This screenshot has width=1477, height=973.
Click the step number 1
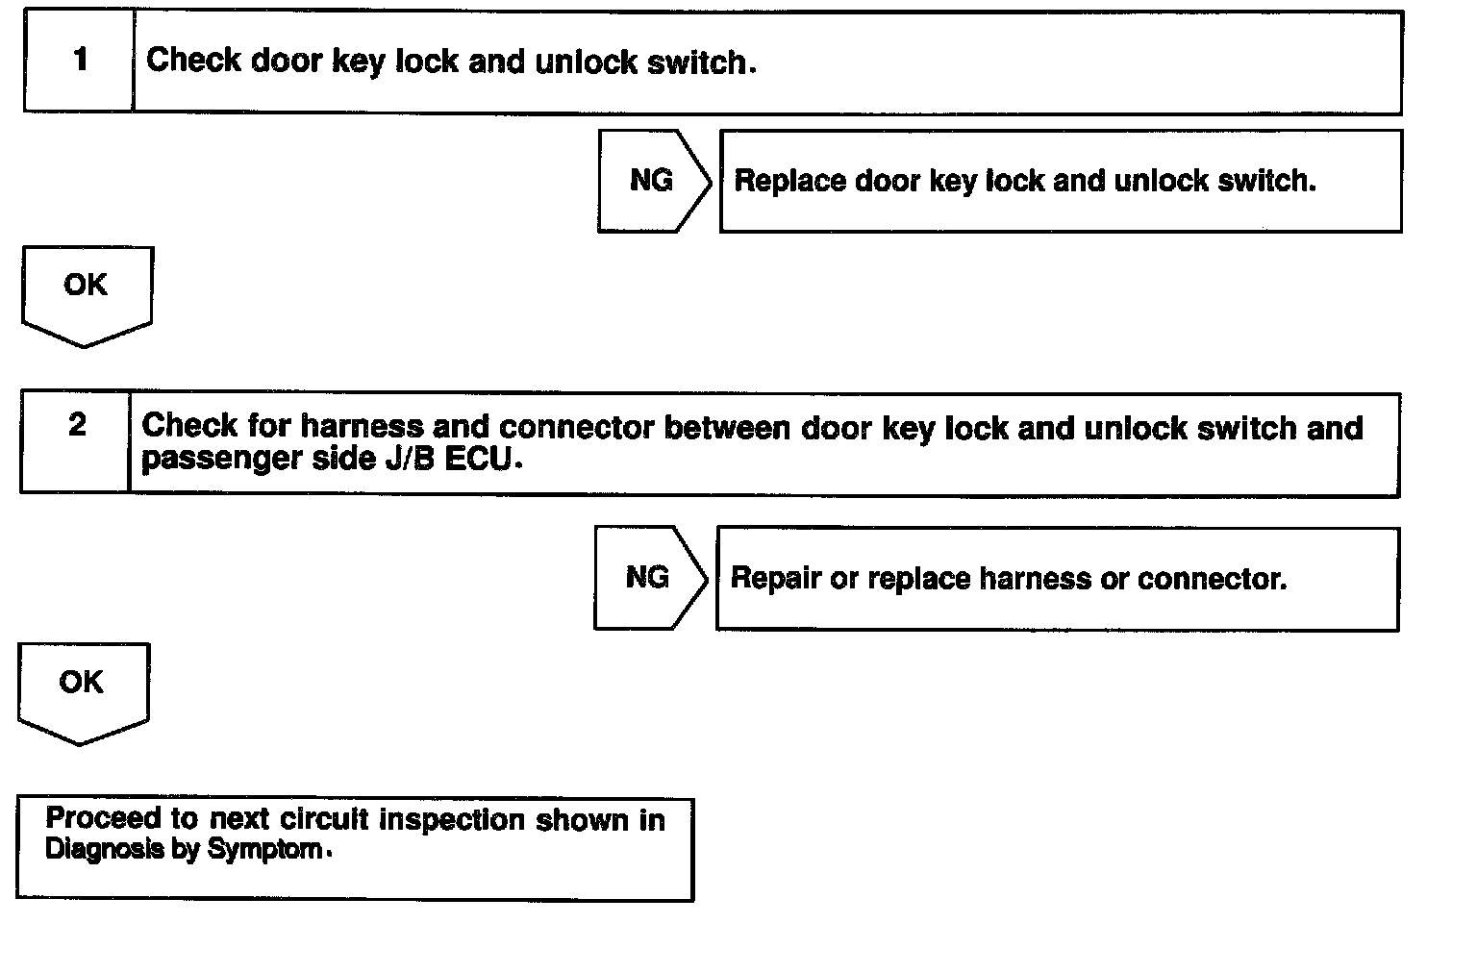(x=81, y=59)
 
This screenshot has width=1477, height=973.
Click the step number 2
(x=77, y=424)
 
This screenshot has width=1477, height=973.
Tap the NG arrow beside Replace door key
(x=655, y=181)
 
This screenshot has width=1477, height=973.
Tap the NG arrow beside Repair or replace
(x=651, y=578)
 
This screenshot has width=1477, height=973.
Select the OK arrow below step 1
(x=88, y=296)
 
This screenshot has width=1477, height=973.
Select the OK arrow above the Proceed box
(x=84, y=693)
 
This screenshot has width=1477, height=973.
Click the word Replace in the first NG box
(x=789, y=181)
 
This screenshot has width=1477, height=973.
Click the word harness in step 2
(x=362, y=426)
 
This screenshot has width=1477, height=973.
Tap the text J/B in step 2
(x=411, y=459)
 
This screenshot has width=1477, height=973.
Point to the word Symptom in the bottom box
(x=264, y=849)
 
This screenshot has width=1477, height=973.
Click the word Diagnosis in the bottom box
(x=104, y=848)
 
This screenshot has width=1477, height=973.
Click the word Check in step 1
(x=194, y=60)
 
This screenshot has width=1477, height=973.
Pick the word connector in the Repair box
(x=1212, y=580)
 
